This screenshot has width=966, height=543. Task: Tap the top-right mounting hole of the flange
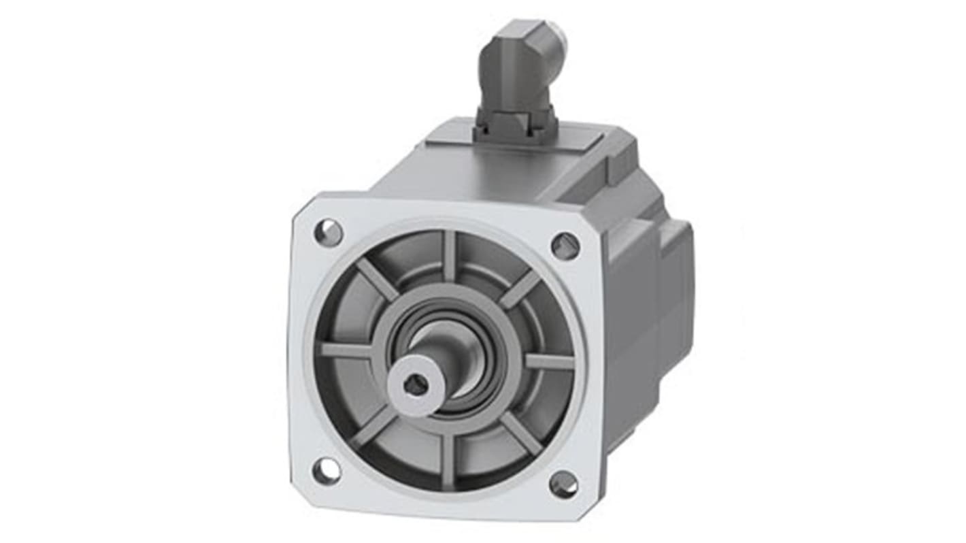(x=565, y=246)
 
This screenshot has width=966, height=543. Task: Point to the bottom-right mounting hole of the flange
(x=563, y=484)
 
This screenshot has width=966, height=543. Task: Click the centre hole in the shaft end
(x=415, y=385)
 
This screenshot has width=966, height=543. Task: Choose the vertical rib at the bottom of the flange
(x=447, y=460)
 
